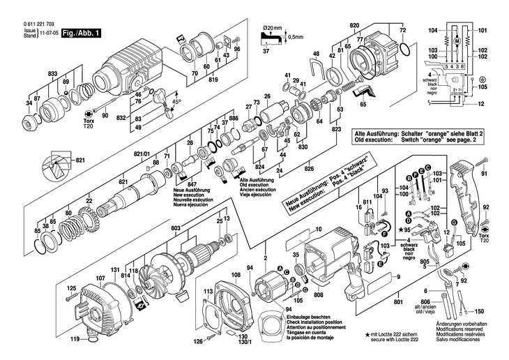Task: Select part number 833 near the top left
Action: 33,73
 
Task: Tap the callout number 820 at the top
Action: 354,25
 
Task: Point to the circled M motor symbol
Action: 456,43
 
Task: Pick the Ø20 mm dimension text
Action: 272,29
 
